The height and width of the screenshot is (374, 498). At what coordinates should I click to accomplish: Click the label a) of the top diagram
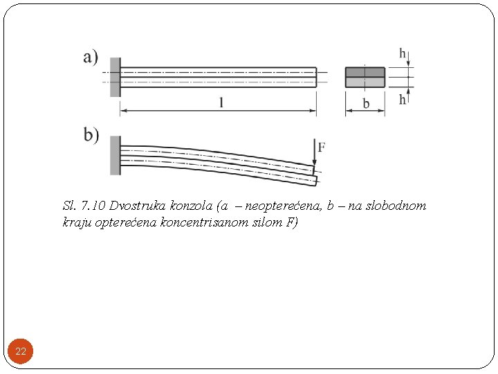(91, 57)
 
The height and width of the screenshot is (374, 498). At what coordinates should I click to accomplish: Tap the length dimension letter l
(221, 103)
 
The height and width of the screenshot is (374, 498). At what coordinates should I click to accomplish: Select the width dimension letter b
(366, 104)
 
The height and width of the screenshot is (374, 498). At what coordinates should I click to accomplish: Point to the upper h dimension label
(403, 53)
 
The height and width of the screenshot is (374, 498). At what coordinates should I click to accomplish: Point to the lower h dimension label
(403, 100)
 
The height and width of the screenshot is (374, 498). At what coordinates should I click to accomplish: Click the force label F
(322, 147)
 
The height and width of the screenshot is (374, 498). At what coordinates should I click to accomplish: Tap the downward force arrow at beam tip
(315, 158)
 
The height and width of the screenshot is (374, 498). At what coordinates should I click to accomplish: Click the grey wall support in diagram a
(115, 77)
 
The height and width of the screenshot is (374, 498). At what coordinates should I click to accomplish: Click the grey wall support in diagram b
(115, 155)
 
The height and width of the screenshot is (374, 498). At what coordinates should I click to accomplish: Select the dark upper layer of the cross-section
(365, 72)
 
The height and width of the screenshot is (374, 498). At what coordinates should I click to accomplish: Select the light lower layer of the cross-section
(365, 82)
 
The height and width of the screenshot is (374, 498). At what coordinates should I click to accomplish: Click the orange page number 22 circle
(21, 352)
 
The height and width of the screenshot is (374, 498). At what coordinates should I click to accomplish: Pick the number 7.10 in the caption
(93, 206)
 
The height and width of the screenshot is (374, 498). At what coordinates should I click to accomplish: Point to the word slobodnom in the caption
(396, 206)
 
